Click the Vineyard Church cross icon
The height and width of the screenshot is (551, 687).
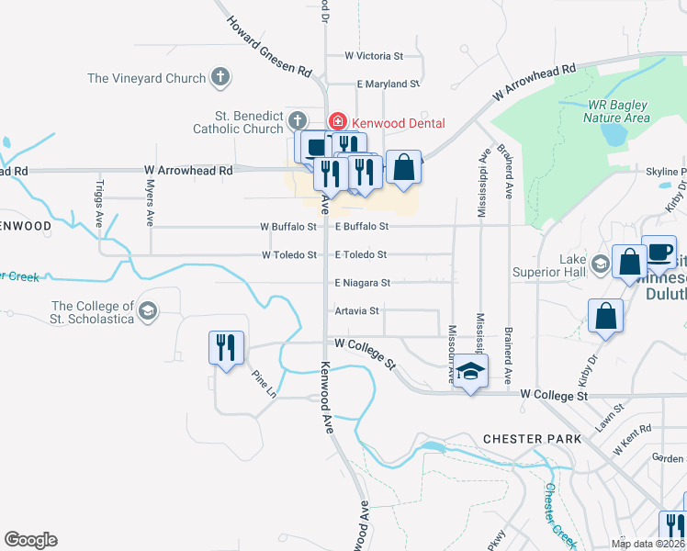click(x=220, y=78)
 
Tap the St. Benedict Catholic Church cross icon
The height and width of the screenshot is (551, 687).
click(x=297, y=121)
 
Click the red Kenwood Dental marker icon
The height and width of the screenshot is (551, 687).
click(x=337, y=122)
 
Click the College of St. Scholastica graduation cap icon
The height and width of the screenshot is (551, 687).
click(x=146, y=312)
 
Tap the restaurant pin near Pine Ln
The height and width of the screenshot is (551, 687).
click(x=226, y=348)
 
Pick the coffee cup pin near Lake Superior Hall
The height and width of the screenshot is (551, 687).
click(x=659, y=252)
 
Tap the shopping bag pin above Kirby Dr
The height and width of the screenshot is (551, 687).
click(x=607, y=317)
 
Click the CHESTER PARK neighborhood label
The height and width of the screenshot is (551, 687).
click(x=532, y=439)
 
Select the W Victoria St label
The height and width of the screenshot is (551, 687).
click(x=379, y=55)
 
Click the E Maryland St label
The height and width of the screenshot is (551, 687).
click(x=389, y=84)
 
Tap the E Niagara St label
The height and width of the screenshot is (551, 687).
click(x=362, y=283)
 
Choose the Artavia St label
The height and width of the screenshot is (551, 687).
click(x=357, y=311)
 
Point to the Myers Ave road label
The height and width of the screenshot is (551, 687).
click(x=149, y=202)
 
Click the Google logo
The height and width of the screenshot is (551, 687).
click(x=31, y=540)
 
